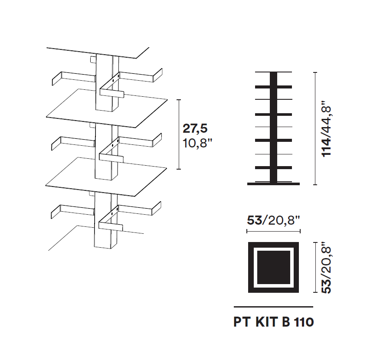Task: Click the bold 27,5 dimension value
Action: coord(195,128)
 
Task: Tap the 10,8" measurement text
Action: coord(197,144)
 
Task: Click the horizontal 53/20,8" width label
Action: coord(274,220)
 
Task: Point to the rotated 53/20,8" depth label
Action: coord(326,270)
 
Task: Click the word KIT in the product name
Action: coord(266,322)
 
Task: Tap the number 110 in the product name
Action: coord(304,322)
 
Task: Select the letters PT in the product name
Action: coord(242,322)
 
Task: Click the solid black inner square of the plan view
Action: coord(274,267)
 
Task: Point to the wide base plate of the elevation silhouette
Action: coord(273,184)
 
